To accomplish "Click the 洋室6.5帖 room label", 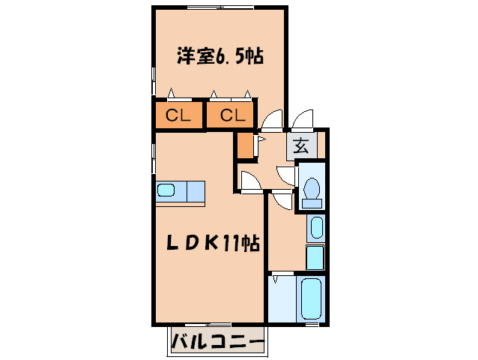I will [219, 57].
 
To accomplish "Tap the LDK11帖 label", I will [212, 244].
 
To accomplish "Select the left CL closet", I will [178, 115].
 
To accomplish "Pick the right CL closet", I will [232, 115].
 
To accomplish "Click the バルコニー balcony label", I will [218, 343].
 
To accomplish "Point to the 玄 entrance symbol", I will [301, 146].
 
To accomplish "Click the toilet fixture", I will [311, 190].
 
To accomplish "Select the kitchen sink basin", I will [166, 190].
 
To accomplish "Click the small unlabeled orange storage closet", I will [244, 145].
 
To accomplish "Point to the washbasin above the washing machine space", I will [316, 228].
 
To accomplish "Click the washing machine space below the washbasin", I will [315, 257].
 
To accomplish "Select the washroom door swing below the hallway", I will [282, 200].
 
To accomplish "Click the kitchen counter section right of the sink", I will [193, 190].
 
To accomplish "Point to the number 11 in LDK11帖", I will [231, 244].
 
